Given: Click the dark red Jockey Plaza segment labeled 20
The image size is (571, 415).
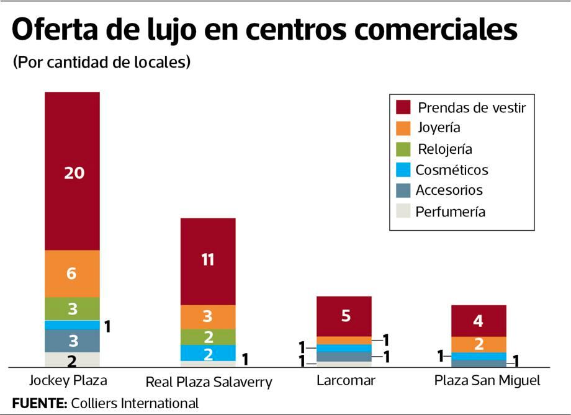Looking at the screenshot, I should [x=72, y=171].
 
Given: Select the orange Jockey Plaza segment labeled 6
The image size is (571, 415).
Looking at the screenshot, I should [x=72, y=274].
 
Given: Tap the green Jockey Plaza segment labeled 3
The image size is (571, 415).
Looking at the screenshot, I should [x=72, y=308].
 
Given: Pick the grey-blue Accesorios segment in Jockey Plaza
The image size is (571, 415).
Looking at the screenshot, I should [x=72, y=341].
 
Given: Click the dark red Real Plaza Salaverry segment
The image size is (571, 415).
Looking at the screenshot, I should [x=208, y=261].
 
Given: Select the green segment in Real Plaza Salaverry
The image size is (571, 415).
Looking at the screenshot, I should [x=208, y=337].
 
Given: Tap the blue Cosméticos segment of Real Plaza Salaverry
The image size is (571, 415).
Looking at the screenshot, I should [x=208, y=353].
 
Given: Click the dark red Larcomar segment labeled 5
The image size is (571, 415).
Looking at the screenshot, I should [x=344, y=316].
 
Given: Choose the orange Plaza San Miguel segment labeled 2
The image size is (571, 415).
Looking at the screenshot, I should [x=479, y=344].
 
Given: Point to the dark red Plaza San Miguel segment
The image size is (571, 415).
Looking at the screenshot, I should [x=479, y=321].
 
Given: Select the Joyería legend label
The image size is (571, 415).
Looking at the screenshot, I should [x=439, y=128].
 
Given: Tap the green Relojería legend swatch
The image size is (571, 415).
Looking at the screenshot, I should [x=403, y=149].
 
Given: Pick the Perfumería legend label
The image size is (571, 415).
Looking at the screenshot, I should [x=451, y=212].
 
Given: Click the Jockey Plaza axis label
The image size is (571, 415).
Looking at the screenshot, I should [x=68, y=380].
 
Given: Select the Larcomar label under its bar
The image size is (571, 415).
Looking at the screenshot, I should [x=345, y=380].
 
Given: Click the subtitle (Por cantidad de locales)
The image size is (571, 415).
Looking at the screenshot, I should [x=101, y=63].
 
